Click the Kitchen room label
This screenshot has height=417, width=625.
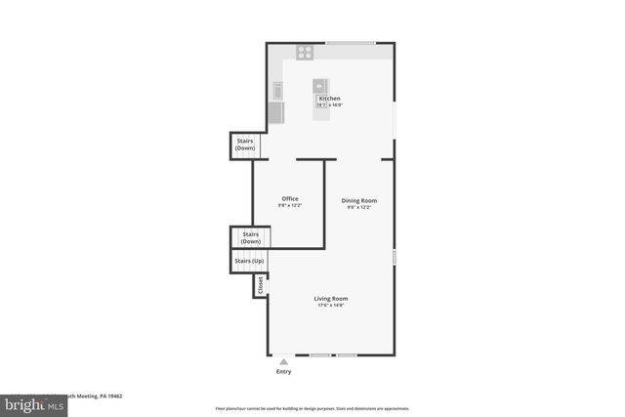click(x=329, y=99)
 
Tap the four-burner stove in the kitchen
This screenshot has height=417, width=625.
click(x=305, y=52)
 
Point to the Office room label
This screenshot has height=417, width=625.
click(x=290, y=199)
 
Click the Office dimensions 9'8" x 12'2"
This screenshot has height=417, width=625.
click(x=290, y=206)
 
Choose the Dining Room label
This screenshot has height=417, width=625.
click(x=359, y=200)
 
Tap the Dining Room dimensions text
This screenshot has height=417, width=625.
click(x=359, y=207)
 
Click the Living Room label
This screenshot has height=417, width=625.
click(x=330, y=299)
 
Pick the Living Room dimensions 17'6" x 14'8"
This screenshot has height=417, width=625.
click(x=330, y=306)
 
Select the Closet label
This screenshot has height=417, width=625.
click(x=261, y=285)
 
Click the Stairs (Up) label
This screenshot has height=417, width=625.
click(x=248, y=262)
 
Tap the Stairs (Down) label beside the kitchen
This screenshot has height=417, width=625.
click(x=245, y=145)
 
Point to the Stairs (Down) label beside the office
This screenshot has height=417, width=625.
click(x=250, y=237)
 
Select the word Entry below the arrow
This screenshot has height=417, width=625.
click(x=284, y=371)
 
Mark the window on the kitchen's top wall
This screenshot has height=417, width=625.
click(x=350, y=43)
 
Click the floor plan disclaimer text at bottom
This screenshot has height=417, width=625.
click(x=312, y=408)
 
